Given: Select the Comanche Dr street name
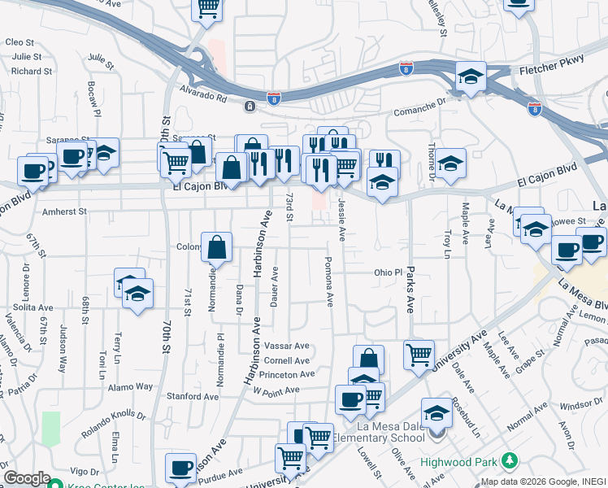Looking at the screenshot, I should (x=420, y=113).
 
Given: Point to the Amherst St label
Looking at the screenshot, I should (x=63, y=211).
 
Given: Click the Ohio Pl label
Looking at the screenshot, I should (x=389, y=272).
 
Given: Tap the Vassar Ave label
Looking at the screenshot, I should (x=288, y=346).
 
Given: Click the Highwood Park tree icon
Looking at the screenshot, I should (x=510, y=461).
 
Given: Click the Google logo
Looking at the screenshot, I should (x=27, y=478).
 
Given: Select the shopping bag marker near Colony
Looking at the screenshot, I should (x=217, y=247).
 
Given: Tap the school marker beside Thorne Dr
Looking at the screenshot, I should (x=450, y=163).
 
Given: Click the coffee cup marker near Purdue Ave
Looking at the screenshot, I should (x=181, y=468).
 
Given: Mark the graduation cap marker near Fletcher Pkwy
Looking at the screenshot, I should (x=471, y=76).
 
